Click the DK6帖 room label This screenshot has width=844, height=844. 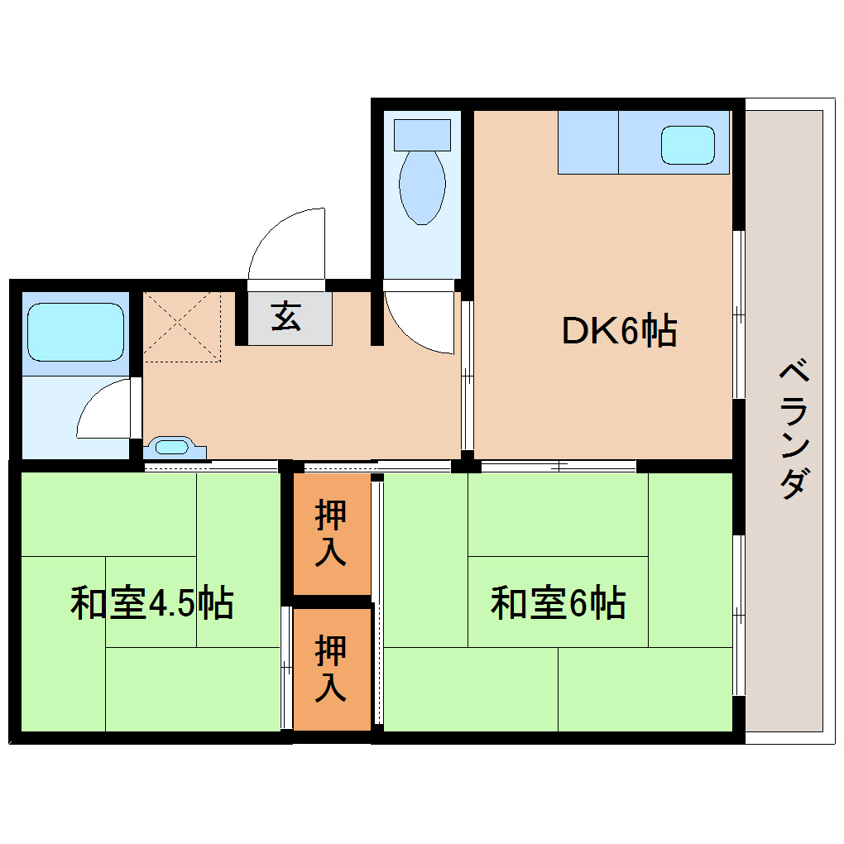pyautogui.click(x=620, y=332)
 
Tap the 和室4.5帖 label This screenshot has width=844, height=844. pyautogui.click(x=151, y=603)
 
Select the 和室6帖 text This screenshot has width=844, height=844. pyautogui.click(x=558, y=603)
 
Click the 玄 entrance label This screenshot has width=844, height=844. pyautogui.click(x=286, y=317)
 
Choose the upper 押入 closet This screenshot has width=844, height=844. pyautogui.click(x=331, y=534)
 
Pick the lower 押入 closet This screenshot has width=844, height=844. pyautogui.click(x=331, y=669)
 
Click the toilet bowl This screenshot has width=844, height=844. pyautogui.click(x=422, y=187)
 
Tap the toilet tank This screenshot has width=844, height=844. pyautogui.click(x=422, y=134)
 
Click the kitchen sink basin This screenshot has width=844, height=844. pyautogui.click(x=687, y=145)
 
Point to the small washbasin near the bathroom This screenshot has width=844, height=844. pyautogui.click(x=172, y=448)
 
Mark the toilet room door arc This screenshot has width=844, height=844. pyautogui.click(x=418, y=323)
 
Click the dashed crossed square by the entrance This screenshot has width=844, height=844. pyautogui.click(x=183, y=326)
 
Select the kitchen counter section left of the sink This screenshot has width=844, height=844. pyautogui.click(x=588, y=142)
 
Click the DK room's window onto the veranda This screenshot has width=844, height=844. pyautogui.click(x=738, y=315)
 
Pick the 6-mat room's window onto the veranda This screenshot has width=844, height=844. pyautogui.click(x=738, y=616)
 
